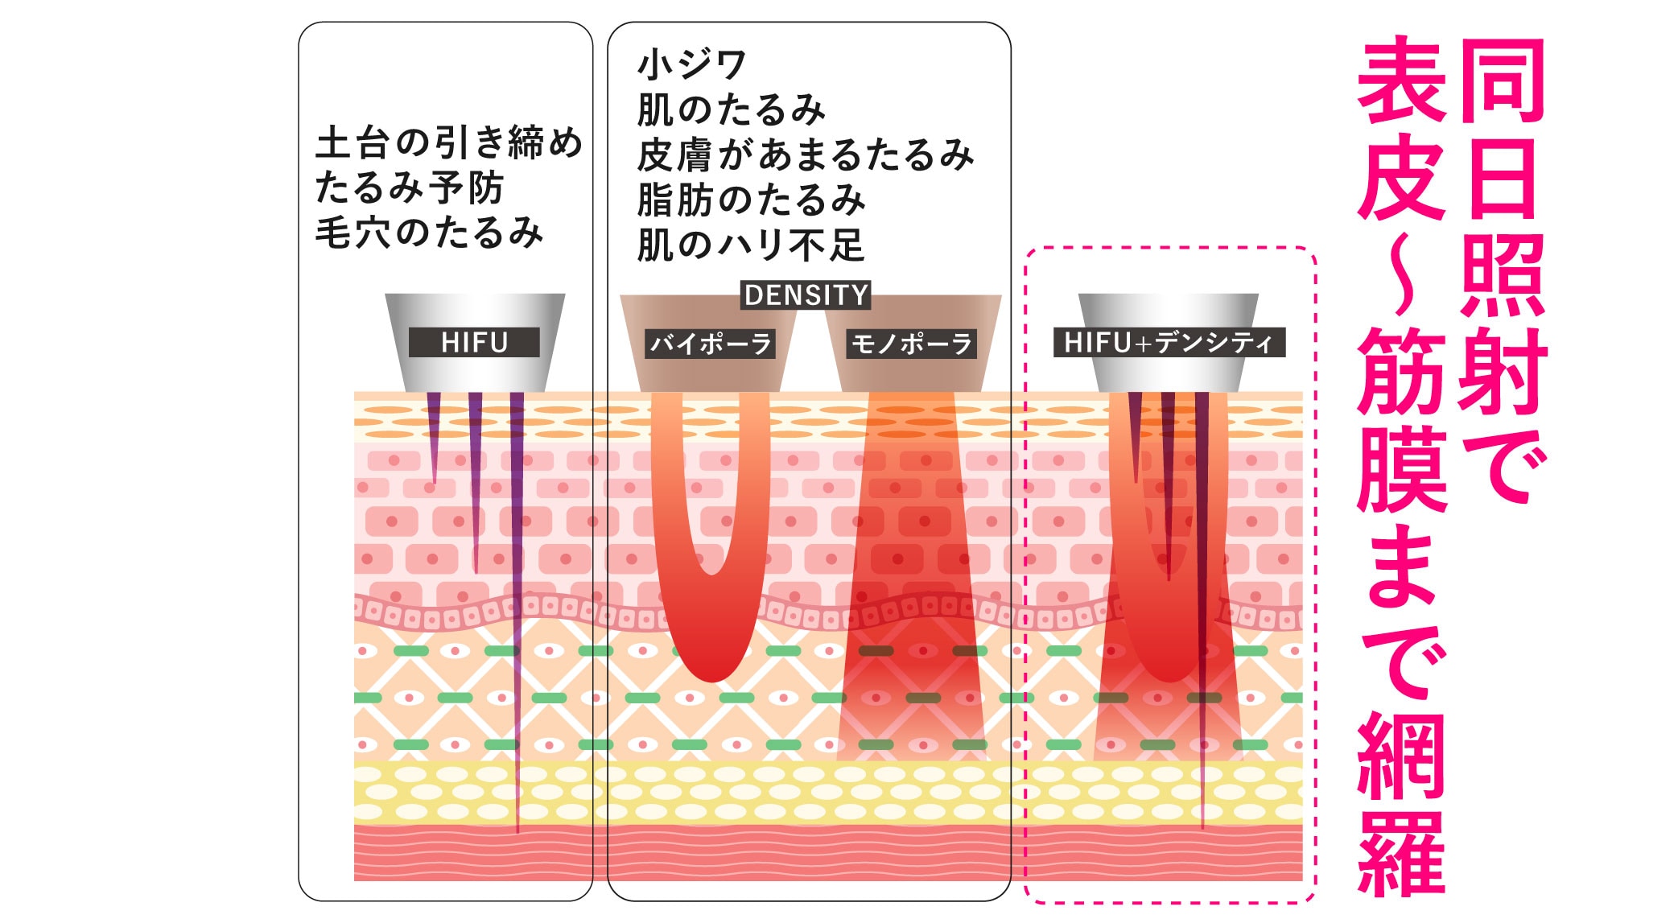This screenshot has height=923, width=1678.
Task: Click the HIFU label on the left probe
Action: coord(474,343)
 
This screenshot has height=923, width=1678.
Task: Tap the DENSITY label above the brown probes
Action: coord(806,295)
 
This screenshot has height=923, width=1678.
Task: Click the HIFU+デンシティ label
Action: coord(1169,343)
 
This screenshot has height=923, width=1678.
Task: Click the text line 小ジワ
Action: coord(692,64)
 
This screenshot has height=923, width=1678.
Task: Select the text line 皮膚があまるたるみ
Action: coord(805,155)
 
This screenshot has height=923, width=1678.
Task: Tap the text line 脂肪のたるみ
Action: coord(751,200)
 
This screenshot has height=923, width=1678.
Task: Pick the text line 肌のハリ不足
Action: coord(750,245)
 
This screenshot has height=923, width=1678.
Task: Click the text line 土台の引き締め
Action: coord(449,142)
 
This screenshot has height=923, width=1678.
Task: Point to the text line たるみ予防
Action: coord(409,187)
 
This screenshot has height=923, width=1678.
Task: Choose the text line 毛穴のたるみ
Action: coord(429,233)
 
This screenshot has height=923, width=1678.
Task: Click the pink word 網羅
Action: coord(1402,805)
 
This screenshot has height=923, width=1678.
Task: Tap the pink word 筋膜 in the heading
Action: coord(1402,418)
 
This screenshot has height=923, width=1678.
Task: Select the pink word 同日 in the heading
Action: coord(1502,129)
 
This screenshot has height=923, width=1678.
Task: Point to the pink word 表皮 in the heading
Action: coord(1402,129)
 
